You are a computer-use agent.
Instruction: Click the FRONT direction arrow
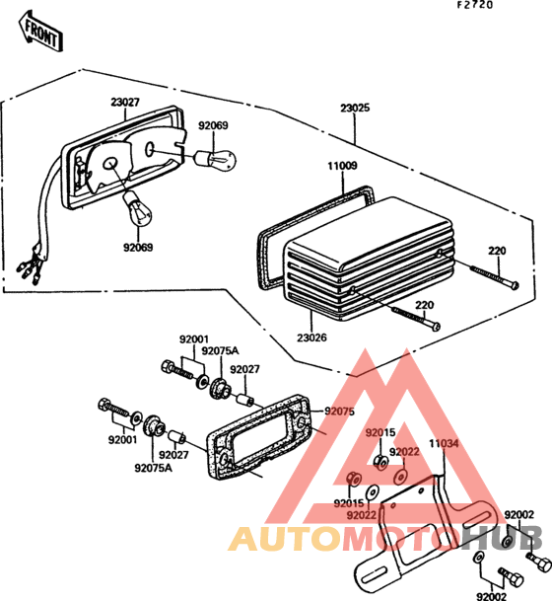tap(40, 32)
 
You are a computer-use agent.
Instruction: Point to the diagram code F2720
tap(475, 5)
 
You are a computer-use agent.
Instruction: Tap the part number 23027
tap(125, 103)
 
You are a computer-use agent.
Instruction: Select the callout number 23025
tap(355, 108)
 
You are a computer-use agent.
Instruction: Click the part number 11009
tap(342, 166)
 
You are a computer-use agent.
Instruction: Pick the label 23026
tap(312, 338)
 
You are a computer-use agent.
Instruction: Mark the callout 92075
tap(339, 412)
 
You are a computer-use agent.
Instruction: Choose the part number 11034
tap(444, 443)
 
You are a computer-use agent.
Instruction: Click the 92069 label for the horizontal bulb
tap(213, 125)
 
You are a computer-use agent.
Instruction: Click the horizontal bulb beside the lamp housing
tap(215, 160)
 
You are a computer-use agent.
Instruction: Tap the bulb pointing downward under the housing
tap(137, 209)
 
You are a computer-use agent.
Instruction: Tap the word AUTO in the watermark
tap(285, 539)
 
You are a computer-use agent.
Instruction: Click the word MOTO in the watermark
tap(399, 539)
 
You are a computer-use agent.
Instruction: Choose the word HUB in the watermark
tap(501, 539)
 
